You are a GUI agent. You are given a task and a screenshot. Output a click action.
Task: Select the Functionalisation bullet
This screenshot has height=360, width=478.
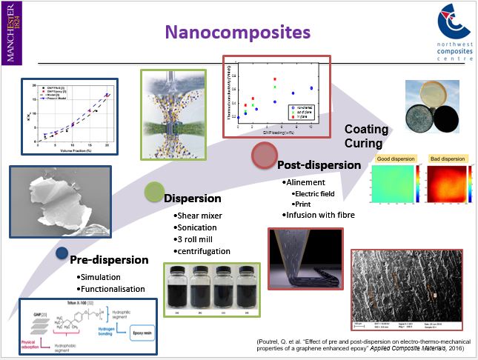point(112,289)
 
